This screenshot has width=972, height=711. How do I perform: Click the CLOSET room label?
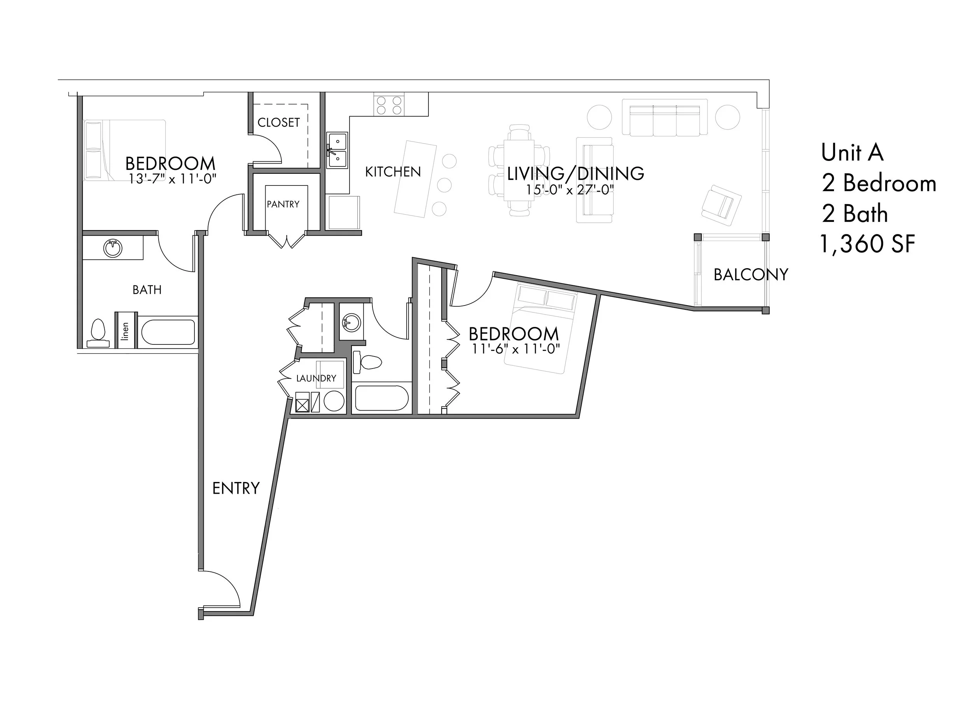click(x=278, y=123)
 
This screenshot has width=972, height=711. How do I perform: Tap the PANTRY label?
click(x=283, y=204)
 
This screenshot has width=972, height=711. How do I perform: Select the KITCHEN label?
click(x=393, y=172)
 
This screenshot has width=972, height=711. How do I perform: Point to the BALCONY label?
click(x=751, y=274)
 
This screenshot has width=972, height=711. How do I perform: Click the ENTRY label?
click(x=236, y=489)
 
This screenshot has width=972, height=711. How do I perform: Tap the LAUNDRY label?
click(x=316, y=378)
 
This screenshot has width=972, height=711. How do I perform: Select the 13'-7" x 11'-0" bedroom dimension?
click(x=172, y=178)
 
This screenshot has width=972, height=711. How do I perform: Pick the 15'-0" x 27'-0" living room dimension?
click(x=570, y=189)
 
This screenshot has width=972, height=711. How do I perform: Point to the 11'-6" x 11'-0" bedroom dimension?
click(x=516, y=349)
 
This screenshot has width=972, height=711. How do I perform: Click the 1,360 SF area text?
click(x=867, y=244)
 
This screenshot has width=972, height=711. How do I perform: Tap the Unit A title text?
click(x=852, y=153)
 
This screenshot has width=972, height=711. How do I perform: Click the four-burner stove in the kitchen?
click(x=389, y=105)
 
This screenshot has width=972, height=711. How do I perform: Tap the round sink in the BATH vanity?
click(x=113, y=248)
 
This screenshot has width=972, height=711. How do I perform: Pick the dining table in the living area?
click(x=519, y=170)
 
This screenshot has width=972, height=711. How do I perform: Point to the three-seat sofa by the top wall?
click(x=664, y=117)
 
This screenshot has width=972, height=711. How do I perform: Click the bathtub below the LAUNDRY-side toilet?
click(x=381, y=398)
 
